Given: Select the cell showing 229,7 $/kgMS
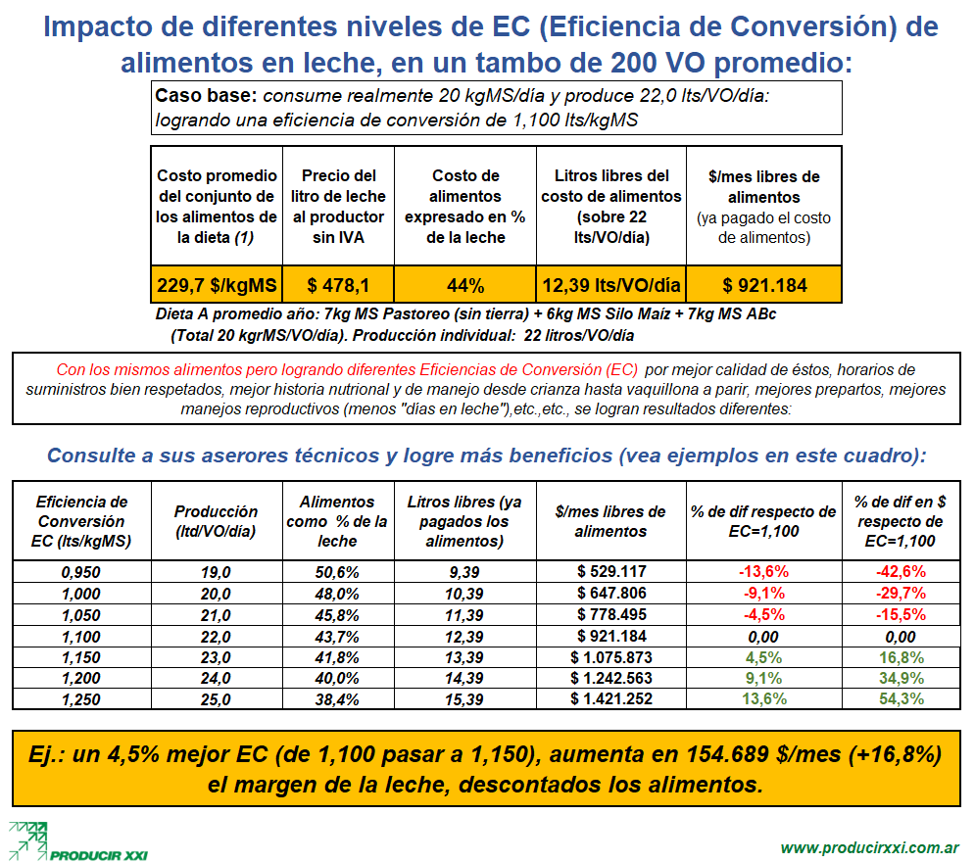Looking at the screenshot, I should coord(217,286).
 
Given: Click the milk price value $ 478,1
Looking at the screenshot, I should coord(338,286).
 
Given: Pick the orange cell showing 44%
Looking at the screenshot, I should coord(465,286).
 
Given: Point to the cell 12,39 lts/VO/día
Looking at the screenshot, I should coord(610,286).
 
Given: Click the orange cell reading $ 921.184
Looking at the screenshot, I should coord(764,286).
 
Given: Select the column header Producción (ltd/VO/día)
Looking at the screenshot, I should coord(216,521).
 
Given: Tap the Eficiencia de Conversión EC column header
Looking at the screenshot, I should coord(81,521).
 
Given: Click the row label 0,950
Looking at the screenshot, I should coord(81,571).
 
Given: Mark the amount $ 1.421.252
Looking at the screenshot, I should coord(610,698).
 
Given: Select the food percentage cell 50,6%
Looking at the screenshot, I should coord(337,571).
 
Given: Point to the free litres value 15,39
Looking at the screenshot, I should coord(464,698).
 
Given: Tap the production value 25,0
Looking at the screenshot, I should coord(216,698).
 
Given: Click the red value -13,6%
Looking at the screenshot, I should coord(763,571).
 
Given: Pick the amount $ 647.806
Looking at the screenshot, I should coord(610,593).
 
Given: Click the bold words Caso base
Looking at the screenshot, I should coord(206,96).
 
